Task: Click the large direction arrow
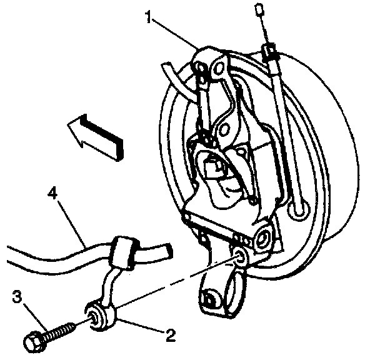click(94, 137)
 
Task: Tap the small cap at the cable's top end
click(257, 9)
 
